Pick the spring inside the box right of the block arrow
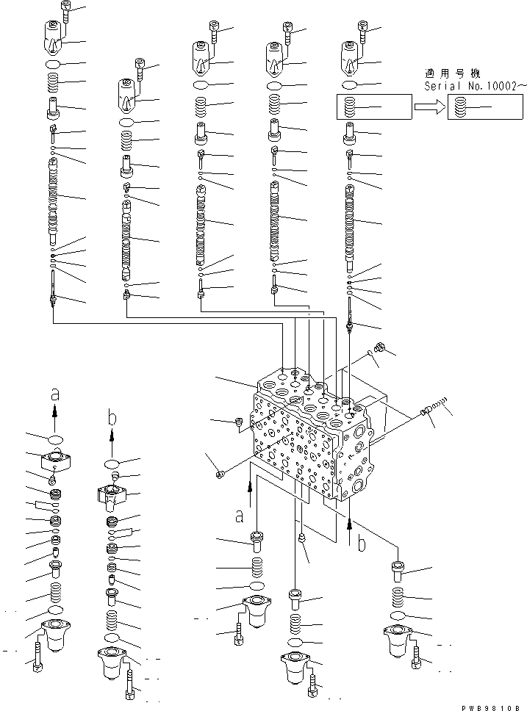tap(461, 108)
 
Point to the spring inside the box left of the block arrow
tap(351, 108)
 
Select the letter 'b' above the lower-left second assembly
tap(112, 418)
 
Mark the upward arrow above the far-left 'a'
tap(54, 419)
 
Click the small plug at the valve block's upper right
tap(379, 346)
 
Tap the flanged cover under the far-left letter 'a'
tap(55, 464)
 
